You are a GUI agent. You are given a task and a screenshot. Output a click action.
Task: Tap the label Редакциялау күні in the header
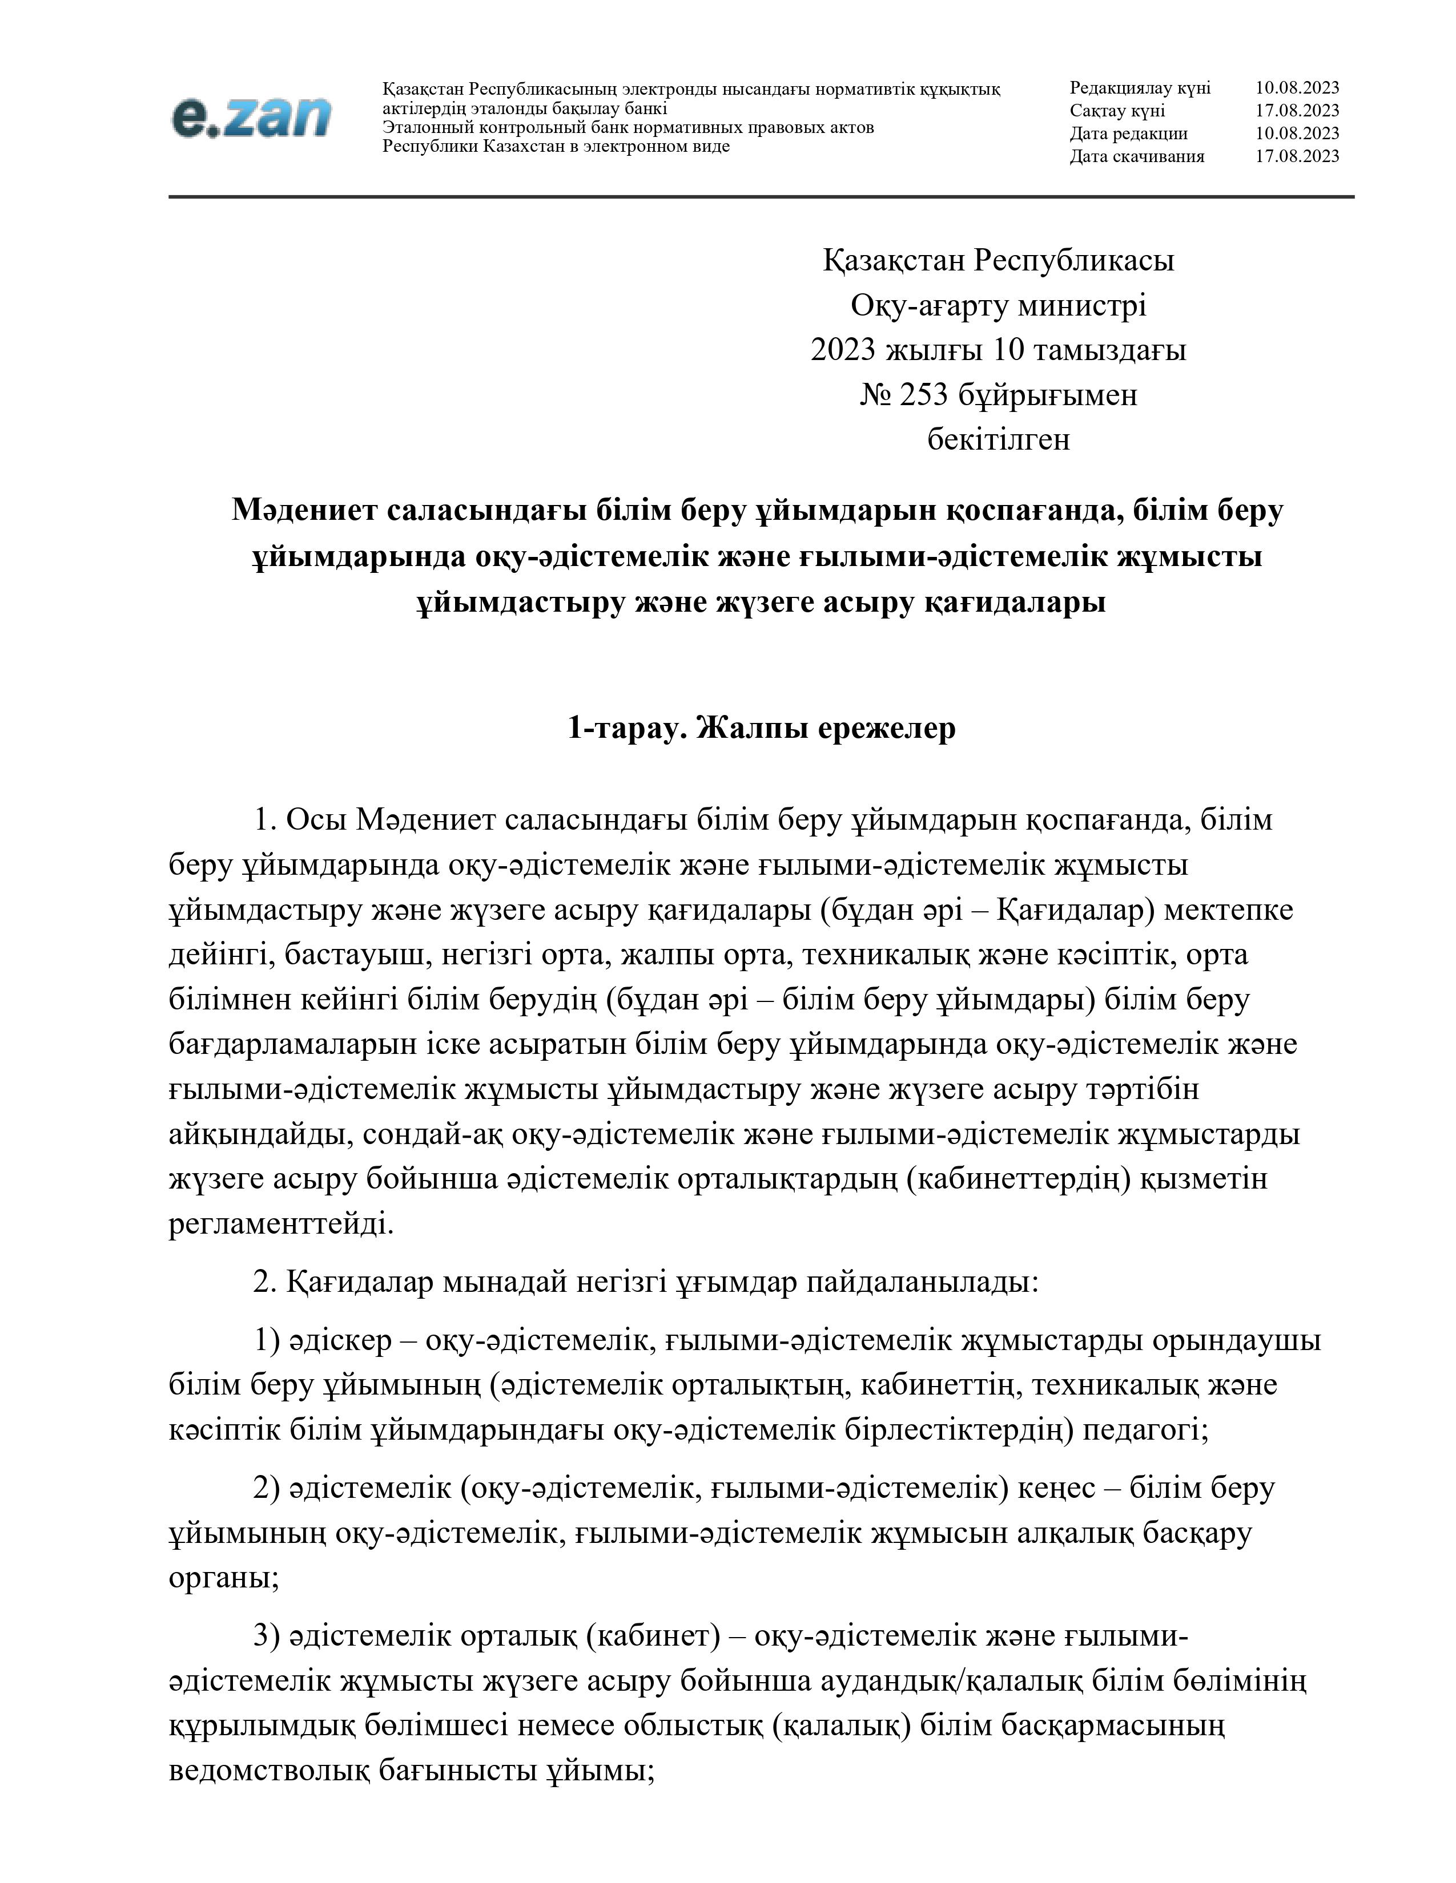[1140, 88]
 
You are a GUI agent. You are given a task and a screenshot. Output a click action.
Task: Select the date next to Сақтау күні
[1297, 110]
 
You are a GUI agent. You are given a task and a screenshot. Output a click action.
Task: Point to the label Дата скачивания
[1137, 156]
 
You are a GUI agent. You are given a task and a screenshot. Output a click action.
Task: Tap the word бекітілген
[998, 440]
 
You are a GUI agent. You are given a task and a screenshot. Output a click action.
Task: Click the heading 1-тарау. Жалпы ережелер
[762, 729]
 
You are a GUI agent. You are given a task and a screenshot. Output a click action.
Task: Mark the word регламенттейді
[281, 1225]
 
